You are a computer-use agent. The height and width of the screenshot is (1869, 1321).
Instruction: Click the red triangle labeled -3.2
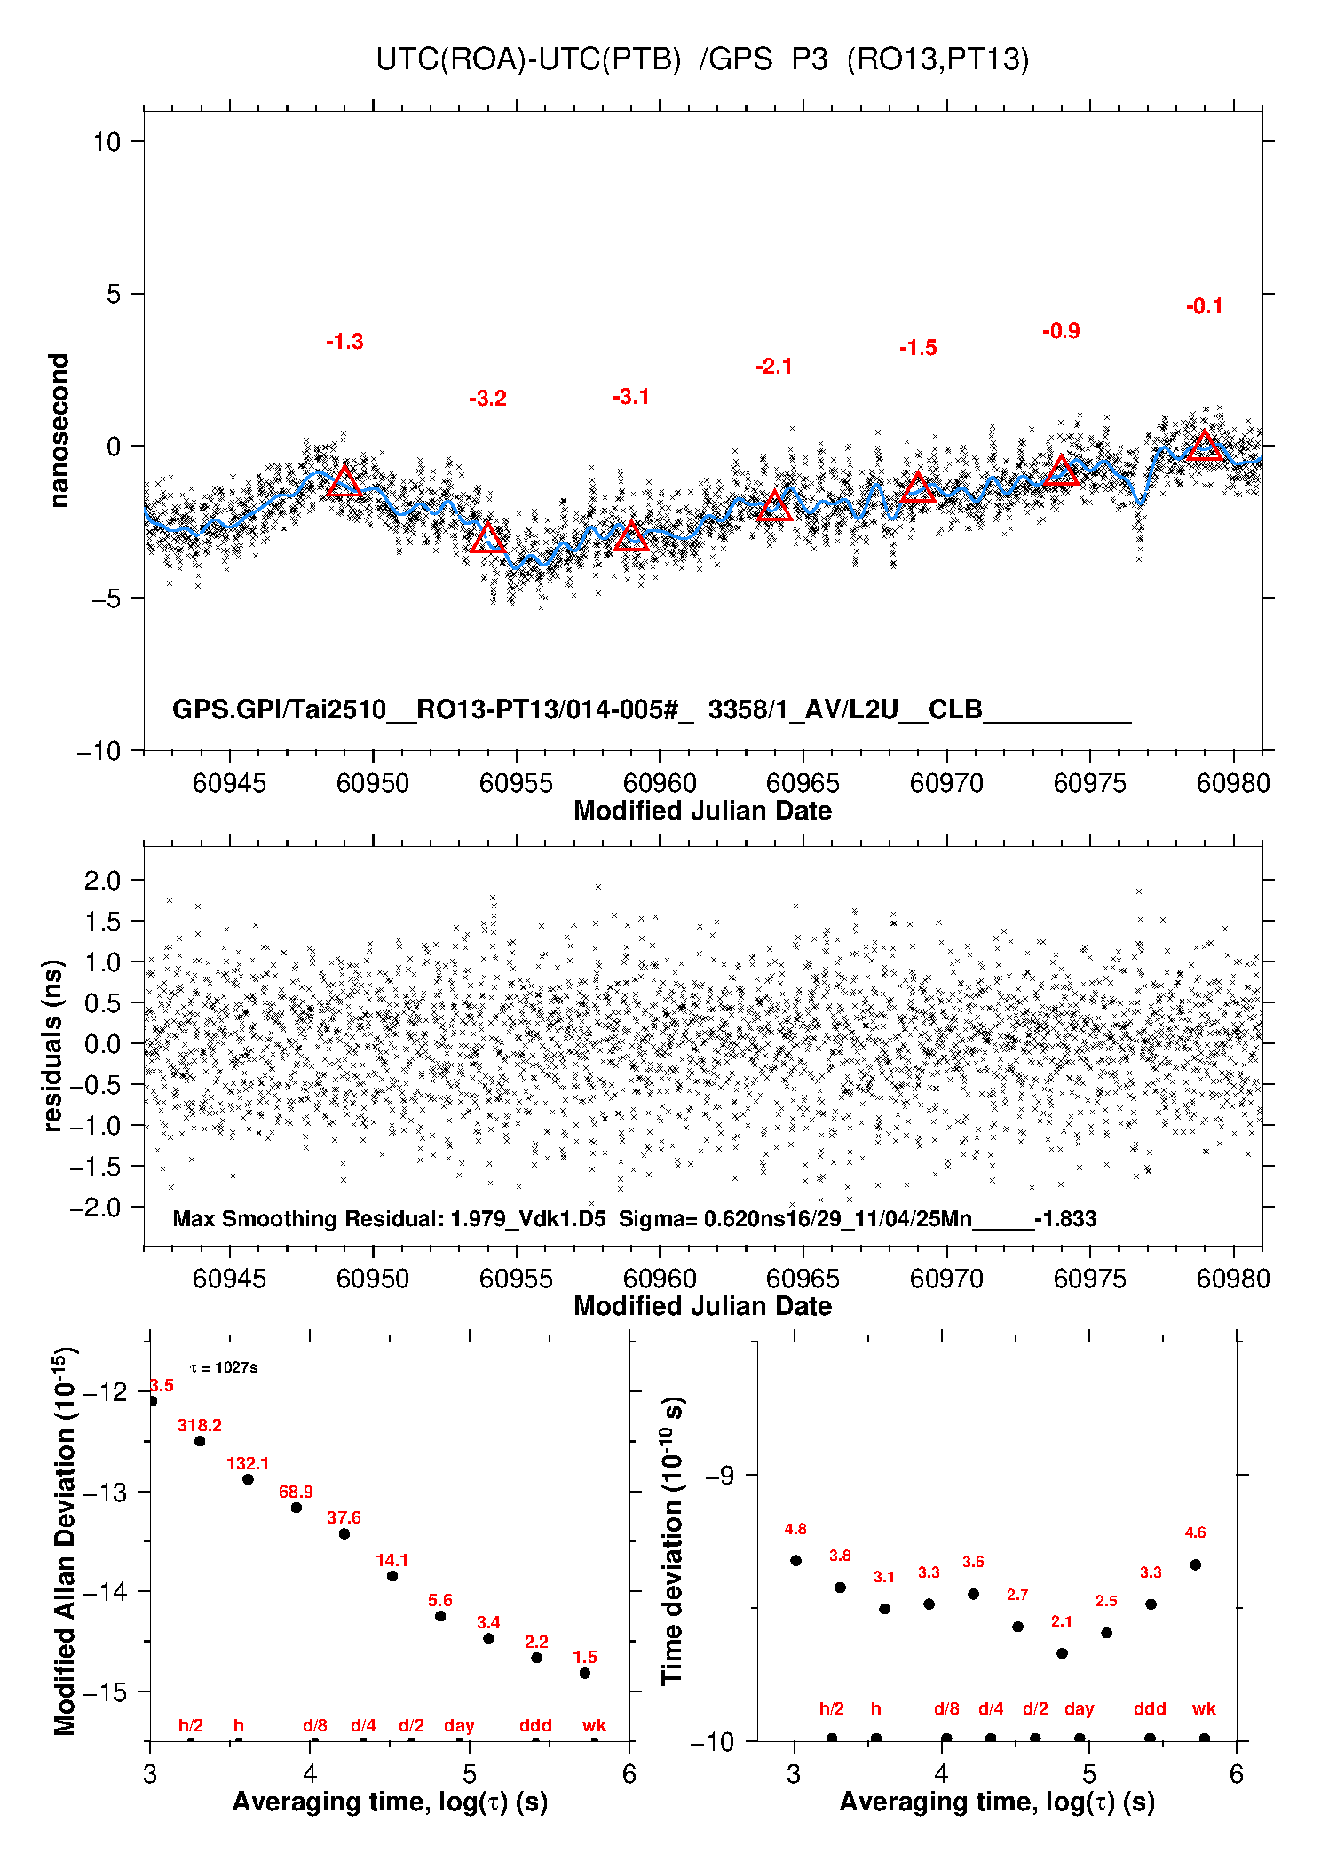[x=487, y=538]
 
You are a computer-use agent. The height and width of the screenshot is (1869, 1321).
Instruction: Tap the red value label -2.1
[x=773, y=367]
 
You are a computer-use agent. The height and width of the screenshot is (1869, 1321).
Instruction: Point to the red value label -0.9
[x=1061, y=331]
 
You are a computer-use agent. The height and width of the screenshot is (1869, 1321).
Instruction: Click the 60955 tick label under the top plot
[x=516, y=784]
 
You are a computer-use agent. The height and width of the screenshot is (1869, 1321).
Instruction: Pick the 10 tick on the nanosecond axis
[x=107, y=142]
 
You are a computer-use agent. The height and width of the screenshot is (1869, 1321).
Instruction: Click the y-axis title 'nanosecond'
[x=59, y=431]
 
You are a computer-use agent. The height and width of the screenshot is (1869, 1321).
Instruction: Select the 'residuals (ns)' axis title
[x=53, y=1045]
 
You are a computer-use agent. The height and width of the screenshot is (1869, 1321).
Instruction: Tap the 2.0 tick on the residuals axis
[x=102, y=881]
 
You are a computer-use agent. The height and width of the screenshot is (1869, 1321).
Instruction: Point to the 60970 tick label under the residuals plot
[x=946, y=1279]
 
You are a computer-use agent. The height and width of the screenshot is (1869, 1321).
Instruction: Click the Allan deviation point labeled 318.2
[x=200, y=1441]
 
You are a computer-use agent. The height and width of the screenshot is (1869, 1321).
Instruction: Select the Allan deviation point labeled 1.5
[x=585, y=1673]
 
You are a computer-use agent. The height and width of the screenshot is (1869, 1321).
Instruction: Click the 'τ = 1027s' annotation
[x=224, y=1367]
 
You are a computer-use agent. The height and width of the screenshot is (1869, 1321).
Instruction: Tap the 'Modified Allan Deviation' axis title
[x=64, y=1540]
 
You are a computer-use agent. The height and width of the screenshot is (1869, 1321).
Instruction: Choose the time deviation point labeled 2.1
[x=1062, y=1653]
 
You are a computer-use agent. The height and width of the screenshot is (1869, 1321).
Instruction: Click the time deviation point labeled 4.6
[x=1196, y=1564]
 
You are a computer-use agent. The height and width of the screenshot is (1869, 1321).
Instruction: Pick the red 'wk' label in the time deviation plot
[x=1204, y=1708]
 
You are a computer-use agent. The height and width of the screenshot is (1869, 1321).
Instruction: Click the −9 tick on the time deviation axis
[x=719, y=1476]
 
